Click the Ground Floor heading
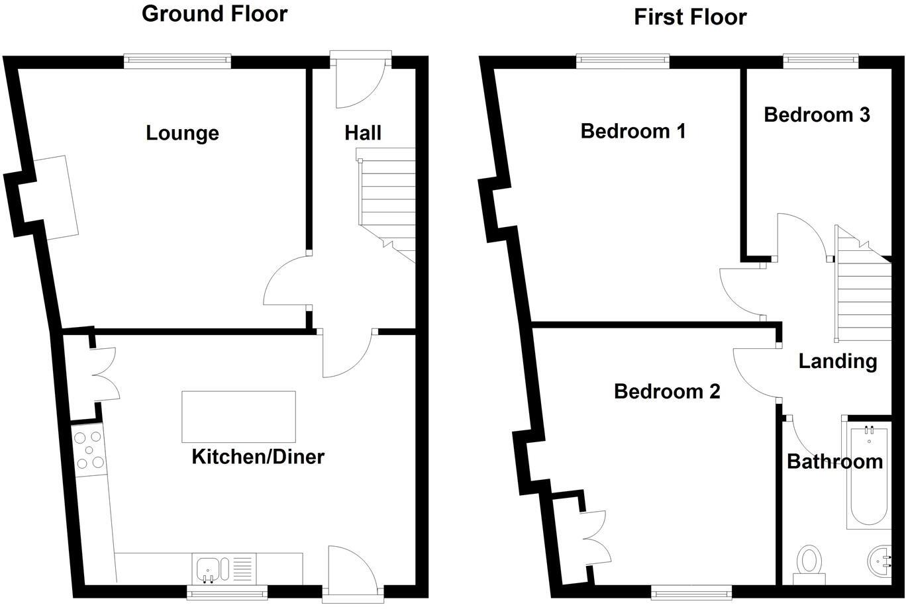pos(215,14)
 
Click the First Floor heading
pos(690,17)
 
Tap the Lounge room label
pos(182,133)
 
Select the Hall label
pos(363,133)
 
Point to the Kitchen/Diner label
pos(258,456)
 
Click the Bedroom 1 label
pos(632,131)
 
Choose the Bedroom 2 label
pos(667,391)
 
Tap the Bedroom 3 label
pos(817,115)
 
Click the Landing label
pos(837,361)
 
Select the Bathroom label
pos(834,461)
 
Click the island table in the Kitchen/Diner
pos(239,416)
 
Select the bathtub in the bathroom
pos(869,477)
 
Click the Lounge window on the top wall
pos(178,62)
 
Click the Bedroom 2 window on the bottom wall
pos(691,590)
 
